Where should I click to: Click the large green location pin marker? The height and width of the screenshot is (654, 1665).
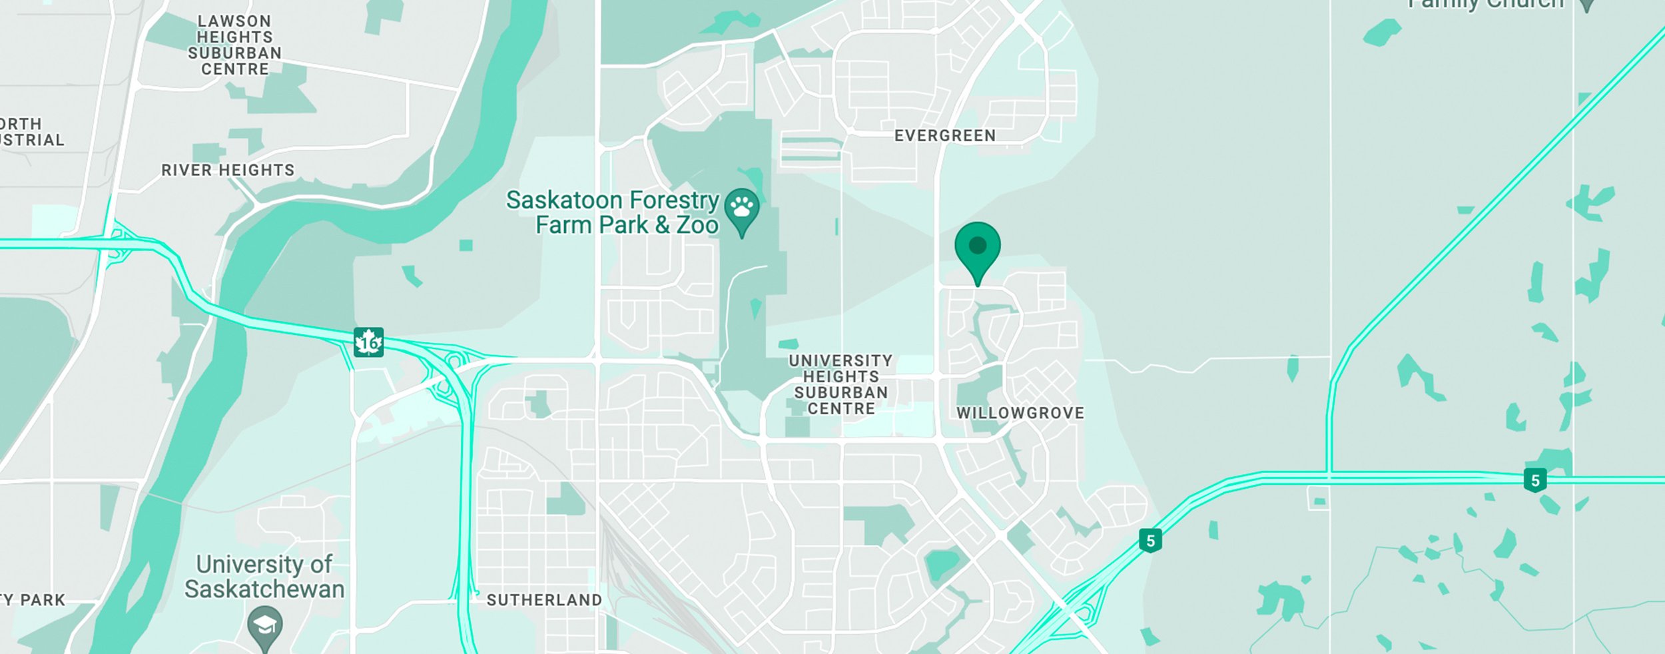click(977, 248)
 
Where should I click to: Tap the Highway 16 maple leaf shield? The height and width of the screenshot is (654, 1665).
click(368, 342)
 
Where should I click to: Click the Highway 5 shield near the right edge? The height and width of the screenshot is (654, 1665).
click(1534, 480)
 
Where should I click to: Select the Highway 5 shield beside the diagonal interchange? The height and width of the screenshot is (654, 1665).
click(1150, 540)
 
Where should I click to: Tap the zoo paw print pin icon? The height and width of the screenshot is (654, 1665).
click(741, 209)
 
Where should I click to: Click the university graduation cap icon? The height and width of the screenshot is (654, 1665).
click(264, 625)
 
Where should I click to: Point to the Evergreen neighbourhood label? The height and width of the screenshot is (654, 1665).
click(944, 136)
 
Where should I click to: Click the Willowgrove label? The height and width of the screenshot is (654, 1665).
click(1020, 413)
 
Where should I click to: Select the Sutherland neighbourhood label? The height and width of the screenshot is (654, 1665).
click(543, 600)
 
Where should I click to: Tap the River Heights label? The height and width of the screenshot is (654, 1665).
click(228, 170)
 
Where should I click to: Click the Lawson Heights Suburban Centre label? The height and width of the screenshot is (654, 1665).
click(234, 45)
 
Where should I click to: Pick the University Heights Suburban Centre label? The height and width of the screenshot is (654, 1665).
click(840, 385)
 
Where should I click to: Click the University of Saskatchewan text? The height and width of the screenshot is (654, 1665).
click(264, 577)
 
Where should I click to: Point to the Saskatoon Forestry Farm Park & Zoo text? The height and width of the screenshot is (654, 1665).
click(613, 212)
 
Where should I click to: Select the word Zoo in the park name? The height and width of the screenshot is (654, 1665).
click(697, 225)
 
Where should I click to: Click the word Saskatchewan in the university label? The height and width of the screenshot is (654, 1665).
click(264, 589)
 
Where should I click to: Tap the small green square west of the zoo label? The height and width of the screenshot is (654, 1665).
click(466, 245)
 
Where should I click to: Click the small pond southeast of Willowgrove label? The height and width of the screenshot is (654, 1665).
click(942, 564)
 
